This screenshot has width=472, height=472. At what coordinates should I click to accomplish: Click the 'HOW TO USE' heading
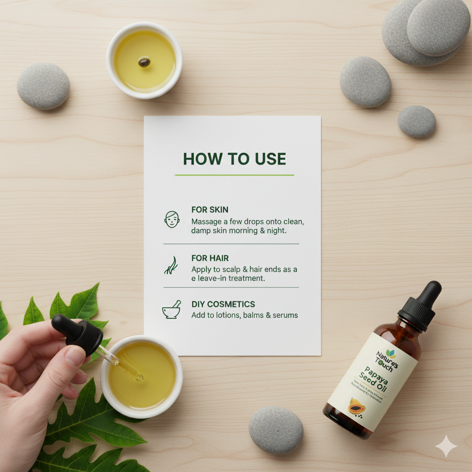(x=234, y=159)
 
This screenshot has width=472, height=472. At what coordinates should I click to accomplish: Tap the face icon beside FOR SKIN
(x=171, y=219)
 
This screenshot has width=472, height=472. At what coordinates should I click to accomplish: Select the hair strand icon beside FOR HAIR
(x=171, y=265)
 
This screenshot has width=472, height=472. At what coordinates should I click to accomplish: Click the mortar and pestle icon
(x=171, y=311)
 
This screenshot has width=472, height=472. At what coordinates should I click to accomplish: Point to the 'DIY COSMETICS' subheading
(x=223, y=305)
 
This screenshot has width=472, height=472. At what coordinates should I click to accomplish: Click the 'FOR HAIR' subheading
(x=210, y=258)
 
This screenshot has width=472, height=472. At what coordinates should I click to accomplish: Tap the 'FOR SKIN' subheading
(x=210, y=210)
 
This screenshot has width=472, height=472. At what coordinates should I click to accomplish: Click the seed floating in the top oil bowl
(x=144, y=62)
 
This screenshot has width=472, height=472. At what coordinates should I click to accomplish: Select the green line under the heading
(x=234, y=175)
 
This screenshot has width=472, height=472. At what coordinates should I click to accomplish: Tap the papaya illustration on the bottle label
(x=356, y=407)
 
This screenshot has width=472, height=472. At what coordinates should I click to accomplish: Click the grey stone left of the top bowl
(x=43, y=86)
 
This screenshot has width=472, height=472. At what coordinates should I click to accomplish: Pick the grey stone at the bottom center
(x=276, y=430)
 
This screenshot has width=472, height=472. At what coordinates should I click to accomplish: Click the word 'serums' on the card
(x=285, y=315)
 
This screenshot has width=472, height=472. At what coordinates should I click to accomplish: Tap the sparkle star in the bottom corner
(x=446, y=446)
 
